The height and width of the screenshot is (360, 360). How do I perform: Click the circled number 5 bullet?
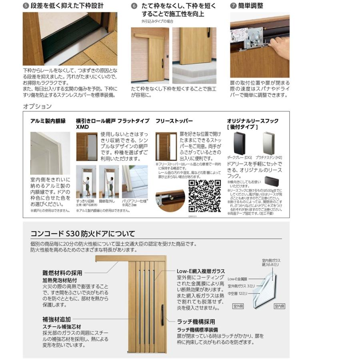click(26, 6)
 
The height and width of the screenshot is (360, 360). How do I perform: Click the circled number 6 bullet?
click(134, 6)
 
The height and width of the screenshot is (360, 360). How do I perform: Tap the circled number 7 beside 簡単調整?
click(233, 6)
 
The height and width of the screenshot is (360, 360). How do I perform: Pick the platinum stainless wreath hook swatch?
click(269, 143)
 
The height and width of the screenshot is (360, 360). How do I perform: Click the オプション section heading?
click(37, 106)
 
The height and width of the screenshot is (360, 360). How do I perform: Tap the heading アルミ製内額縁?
click(48, 120)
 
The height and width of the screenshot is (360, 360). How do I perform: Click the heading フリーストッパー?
click(174, 120)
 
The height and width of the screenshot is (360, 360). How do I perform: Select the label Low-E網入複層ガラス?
click(200, 271)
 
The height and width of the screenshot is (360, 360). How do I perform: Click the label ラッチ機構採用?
click(196, 321)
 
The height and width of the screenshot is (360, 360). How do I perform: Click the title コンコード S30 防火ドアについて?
click(83, 234)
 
